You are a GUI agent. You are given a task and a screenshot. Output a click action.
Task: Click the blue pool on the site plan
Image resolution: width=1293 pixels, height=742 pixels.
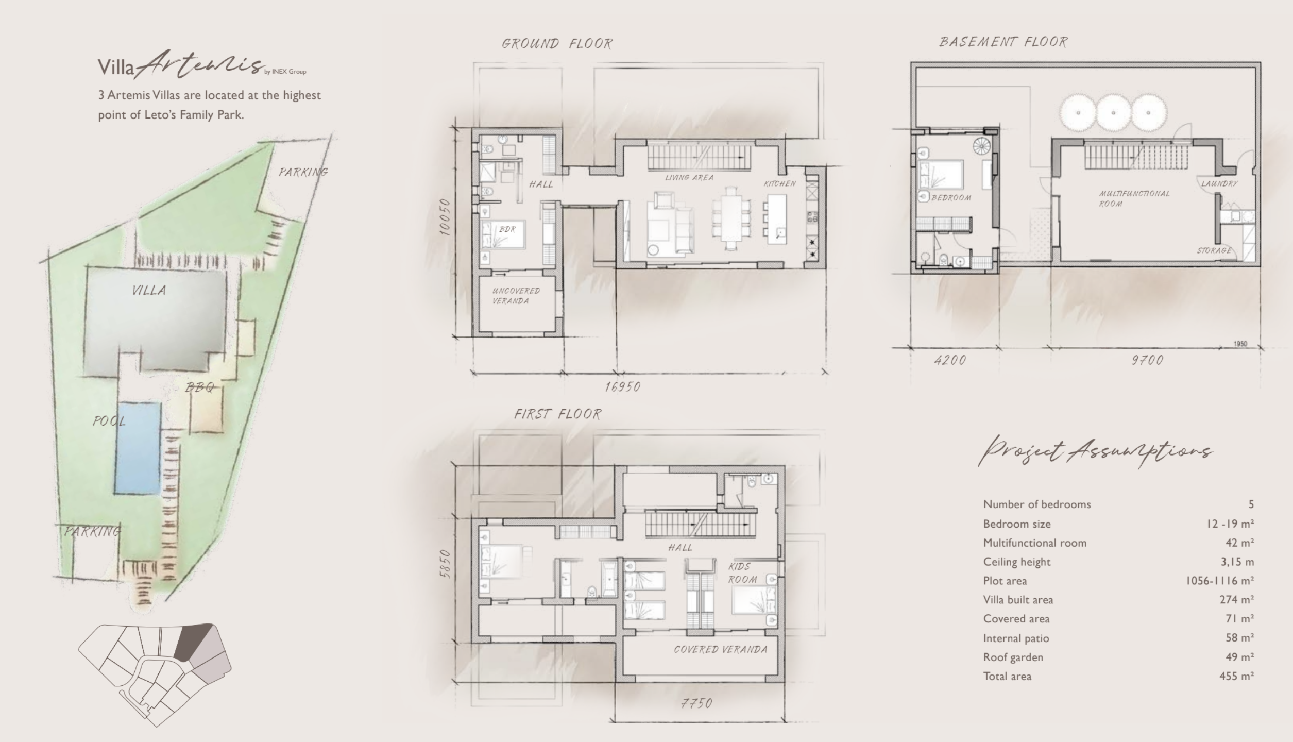point(138,448)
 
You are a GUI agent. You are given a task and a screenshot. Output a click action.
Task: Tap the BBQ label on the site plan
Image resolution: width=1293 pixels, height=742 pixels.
point(199,387)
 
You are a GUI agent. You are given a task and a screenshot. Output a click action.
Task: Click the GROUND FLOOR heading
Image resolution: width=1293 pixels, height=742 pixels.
point(557,44)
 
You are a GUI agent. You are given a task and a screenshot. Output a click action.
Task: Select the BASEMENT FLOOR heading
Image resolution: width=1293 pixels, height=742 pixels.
point(1003,42)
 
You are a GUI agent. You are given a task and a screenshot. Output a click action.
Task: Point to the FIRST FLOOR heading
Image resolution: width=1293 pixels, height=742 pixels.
point(557,414)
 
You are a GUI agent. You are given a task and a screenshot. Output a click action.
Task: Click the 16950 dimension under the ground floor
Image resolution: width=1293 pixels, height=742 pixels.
point(623,386)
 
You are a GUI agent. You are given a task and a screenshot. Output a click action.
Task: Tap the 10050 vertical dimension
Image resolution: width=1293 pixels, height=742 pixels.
point(445,217)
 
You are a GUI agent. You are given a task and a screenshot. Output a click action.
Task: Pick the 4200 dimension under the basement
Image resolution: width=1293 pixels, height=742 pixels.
point(950,360)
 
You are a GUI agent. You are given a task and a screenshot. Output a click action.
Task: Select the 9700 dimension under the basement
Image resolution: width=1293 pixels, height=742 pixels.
point(1147,360)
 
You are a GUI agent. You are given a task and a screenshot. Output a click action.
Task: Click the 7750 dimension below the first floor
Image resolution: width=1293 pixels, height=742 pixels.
point(696,703)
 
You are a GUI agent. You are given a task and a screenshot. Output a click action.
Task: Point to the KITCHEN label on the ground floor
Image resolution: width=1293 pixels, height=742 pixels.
point(780,183)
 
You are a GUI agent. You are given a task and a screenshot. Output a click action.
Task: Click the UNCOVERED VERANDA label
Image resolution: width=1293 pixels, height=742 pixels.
point(516,296)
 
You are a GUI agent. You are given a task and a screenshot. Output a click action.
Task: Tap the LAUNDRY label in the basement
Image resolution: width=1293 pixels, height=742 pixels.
point(1219,183)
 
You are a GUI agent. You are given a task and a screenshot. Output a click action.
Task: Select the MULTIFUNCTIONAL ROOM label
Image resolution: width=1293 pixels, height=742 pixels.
point(1134,198)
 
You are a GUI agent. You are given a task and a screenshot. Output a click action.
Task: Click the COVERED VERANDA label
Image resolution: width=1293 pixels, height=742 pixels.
point(720,649)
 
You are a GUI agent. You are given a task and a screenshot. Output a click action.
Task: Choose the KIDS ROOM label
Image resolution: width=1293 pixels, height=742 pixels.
point(742,573)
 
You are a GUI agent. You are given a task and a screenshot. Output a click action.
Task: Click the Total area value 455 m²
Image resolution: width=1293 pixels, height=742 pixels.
point(1236,676)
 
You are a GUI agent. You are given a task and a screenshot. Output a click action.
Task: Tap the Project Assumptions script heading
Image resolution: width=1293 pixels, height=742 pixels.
point(1095,451)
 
